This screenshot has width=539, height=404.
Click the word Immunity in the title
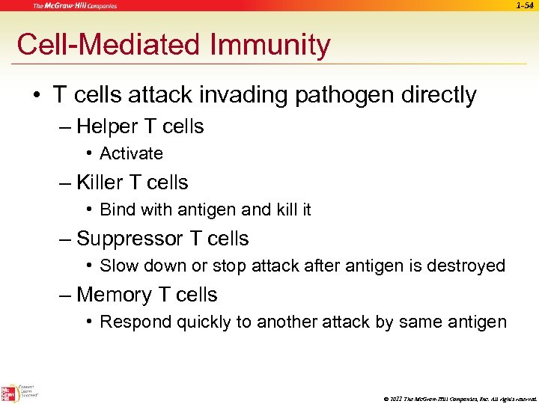[x=272, y=46]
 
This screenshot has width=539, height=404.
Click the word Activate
[x=131, y=154]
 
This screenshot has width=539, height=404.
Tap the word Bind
[x=117, y=210]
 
